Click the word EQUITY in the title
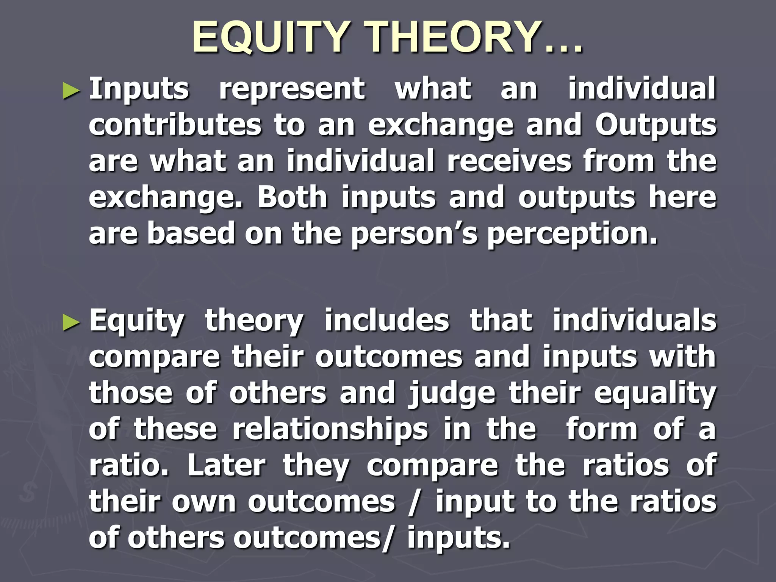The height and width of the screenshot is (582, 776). click(269, 37)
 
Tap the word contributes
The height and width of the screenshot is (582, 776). click(175, 125)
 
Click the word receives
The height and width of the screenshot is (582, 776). click(509, 161)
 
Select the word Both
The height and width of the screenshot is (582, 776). click(292, 197)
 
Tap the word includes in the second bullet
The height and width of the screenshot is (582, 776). click(386, 321)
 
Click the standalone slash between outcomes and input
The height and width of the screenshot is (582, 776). click(414, 503)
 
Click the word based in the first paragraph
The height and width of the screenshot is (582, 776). click(191, 233)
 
